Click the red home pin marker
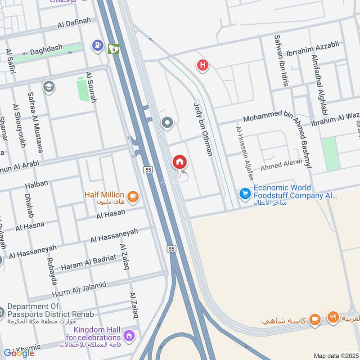pos(180,162)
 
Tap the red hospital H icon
pos(202,66)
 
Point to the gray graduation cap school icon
pos(48,86)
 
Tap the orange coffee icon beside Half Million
pos(132,196)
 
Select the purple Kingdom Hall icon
pos(129,335)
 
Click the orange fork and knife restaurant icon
pos(333,317)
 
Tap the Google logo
pos(19,353)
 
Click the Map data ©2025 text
pos(335,355)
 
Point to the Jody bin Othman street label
pos(202,129)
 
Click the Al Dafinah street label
pos(74,22)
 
